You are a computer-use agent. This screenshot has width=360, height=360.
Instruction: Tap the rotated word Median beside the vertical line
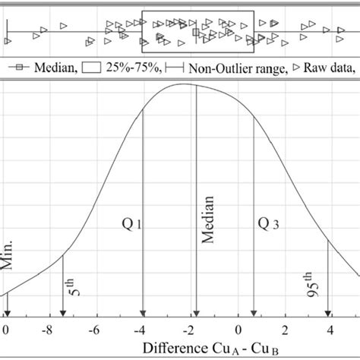[x=207, y=219]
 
